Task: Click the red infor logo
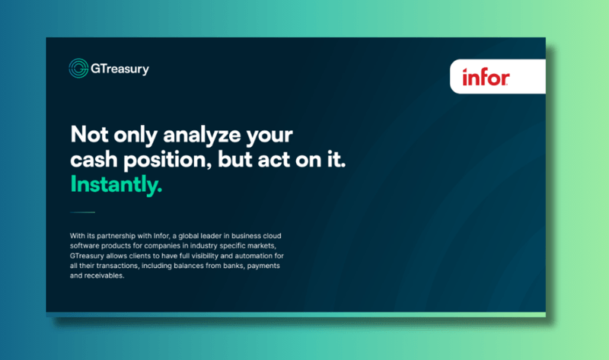click(x=486, y=77)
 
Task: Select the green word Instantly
click(x=116, y=184)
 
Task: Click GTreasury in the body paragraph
click(x=89, y=257)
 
